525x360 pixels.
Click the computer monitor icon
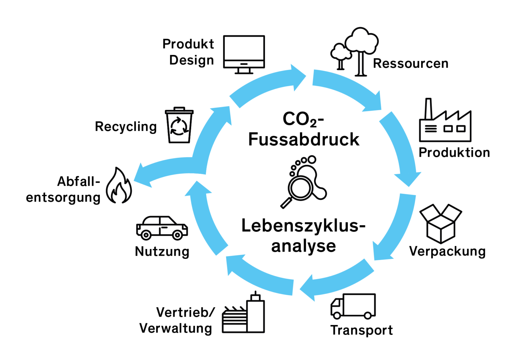(x=244, y=54)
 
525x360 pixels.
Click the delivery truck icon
(x=353, y=306)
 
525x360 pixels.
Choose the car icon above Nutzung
(x=162, y=228)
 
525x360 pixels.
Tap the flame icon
(x=119, y=186)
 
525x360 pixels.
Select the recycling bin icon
(x=179, y=125)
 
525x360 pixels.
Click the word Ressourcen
(x=411, y=63)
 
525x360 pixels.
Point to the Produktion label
(x=454, y=153)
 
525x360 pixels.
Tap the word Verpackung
(x=447, y=251)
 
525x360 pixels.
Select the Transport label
(x=362, y=330)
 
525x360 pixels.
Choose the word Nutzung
(x=162, y=252)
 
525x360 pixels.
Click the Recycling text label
(x=126, y=127)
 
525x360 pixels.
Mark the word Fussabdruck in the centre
(x=303, y=139)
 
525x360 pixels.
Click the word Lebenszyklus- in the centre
(x=303, y=226)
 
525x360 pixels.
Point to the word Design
(x=191, y=60)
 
